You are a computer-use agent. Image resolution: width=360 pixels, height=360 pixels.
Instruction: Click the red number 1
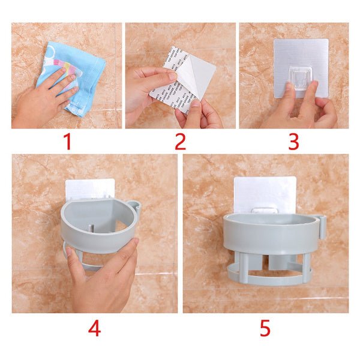(x=67, y=142)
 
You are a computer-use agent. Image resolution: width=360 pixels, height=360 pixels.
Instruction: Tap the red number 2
(x=180, y=142)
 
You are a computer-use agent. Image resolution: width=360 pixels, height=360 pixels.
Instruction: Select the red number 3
(x=293, y=142)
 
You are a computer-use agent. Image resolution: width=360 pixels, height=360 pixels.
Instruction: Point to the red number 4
(x=94, y=328)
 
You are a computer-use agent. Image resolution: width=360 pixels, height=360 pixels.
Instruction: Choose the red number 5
(x=265, y=328)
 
